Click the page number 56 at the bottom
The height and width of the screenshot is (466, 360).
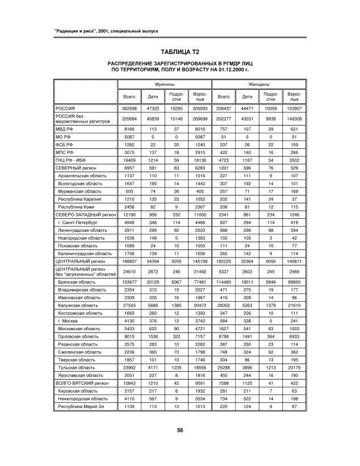click(180, 430)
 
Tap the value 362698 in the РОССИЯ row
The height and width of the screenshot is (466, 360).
click(129, 107)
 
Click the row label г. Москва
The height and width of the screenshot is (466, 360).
click(71, 321)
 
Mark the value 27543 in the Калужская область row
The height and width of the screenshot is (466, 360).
click(129, 305)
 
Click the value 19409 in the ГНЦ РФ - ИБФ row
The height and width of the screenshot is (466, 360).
click(129, 161)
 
